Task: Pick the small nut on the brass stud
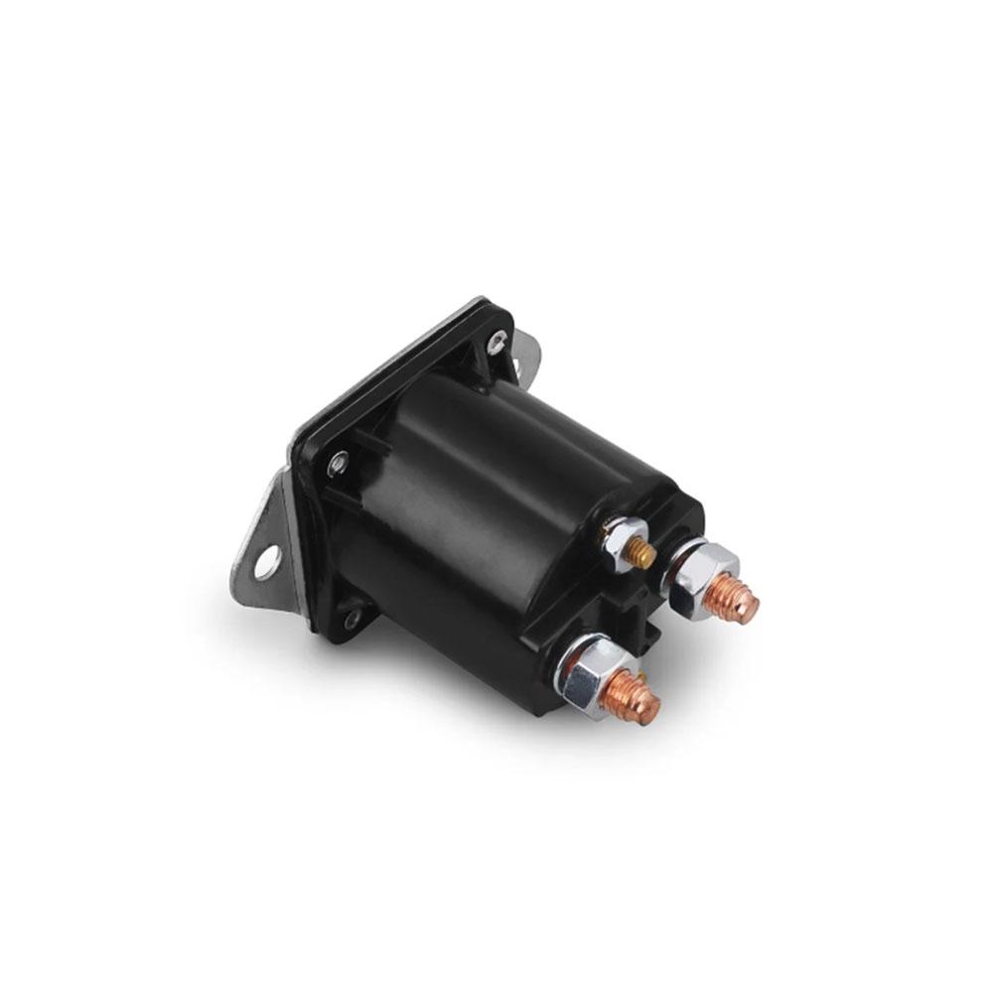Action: pos(622,539)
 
